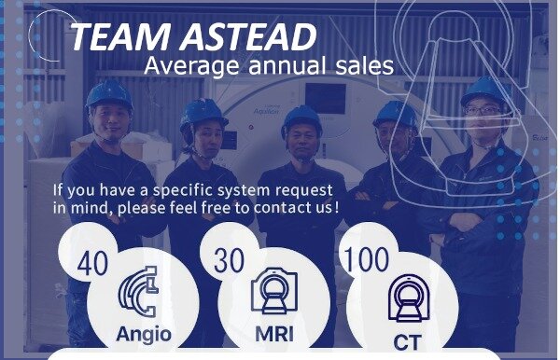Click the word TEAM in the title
point(120,36)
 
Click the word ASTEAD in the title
point(248,36)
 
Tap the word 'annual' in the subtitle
point(287,65)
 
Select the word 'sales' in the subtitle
point(365,65)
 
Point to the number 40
point(92,263)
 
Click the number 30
point(229,260)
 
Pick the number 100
point(366,259)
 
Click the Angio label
point(144,335)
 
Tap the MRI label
point(274,334)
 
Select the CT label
point(407,342)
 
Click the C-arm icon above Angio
point(138,291)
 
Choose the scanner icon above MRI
point(274,291)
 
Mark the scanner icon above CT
point(409,298)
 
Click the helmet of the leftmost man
point(109,93)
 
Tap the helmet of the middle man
point(301,119)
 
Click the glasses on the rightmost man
point(483,110)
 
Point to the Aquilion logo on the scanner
point(266,111)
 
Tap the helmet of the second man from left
point(203,114)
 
